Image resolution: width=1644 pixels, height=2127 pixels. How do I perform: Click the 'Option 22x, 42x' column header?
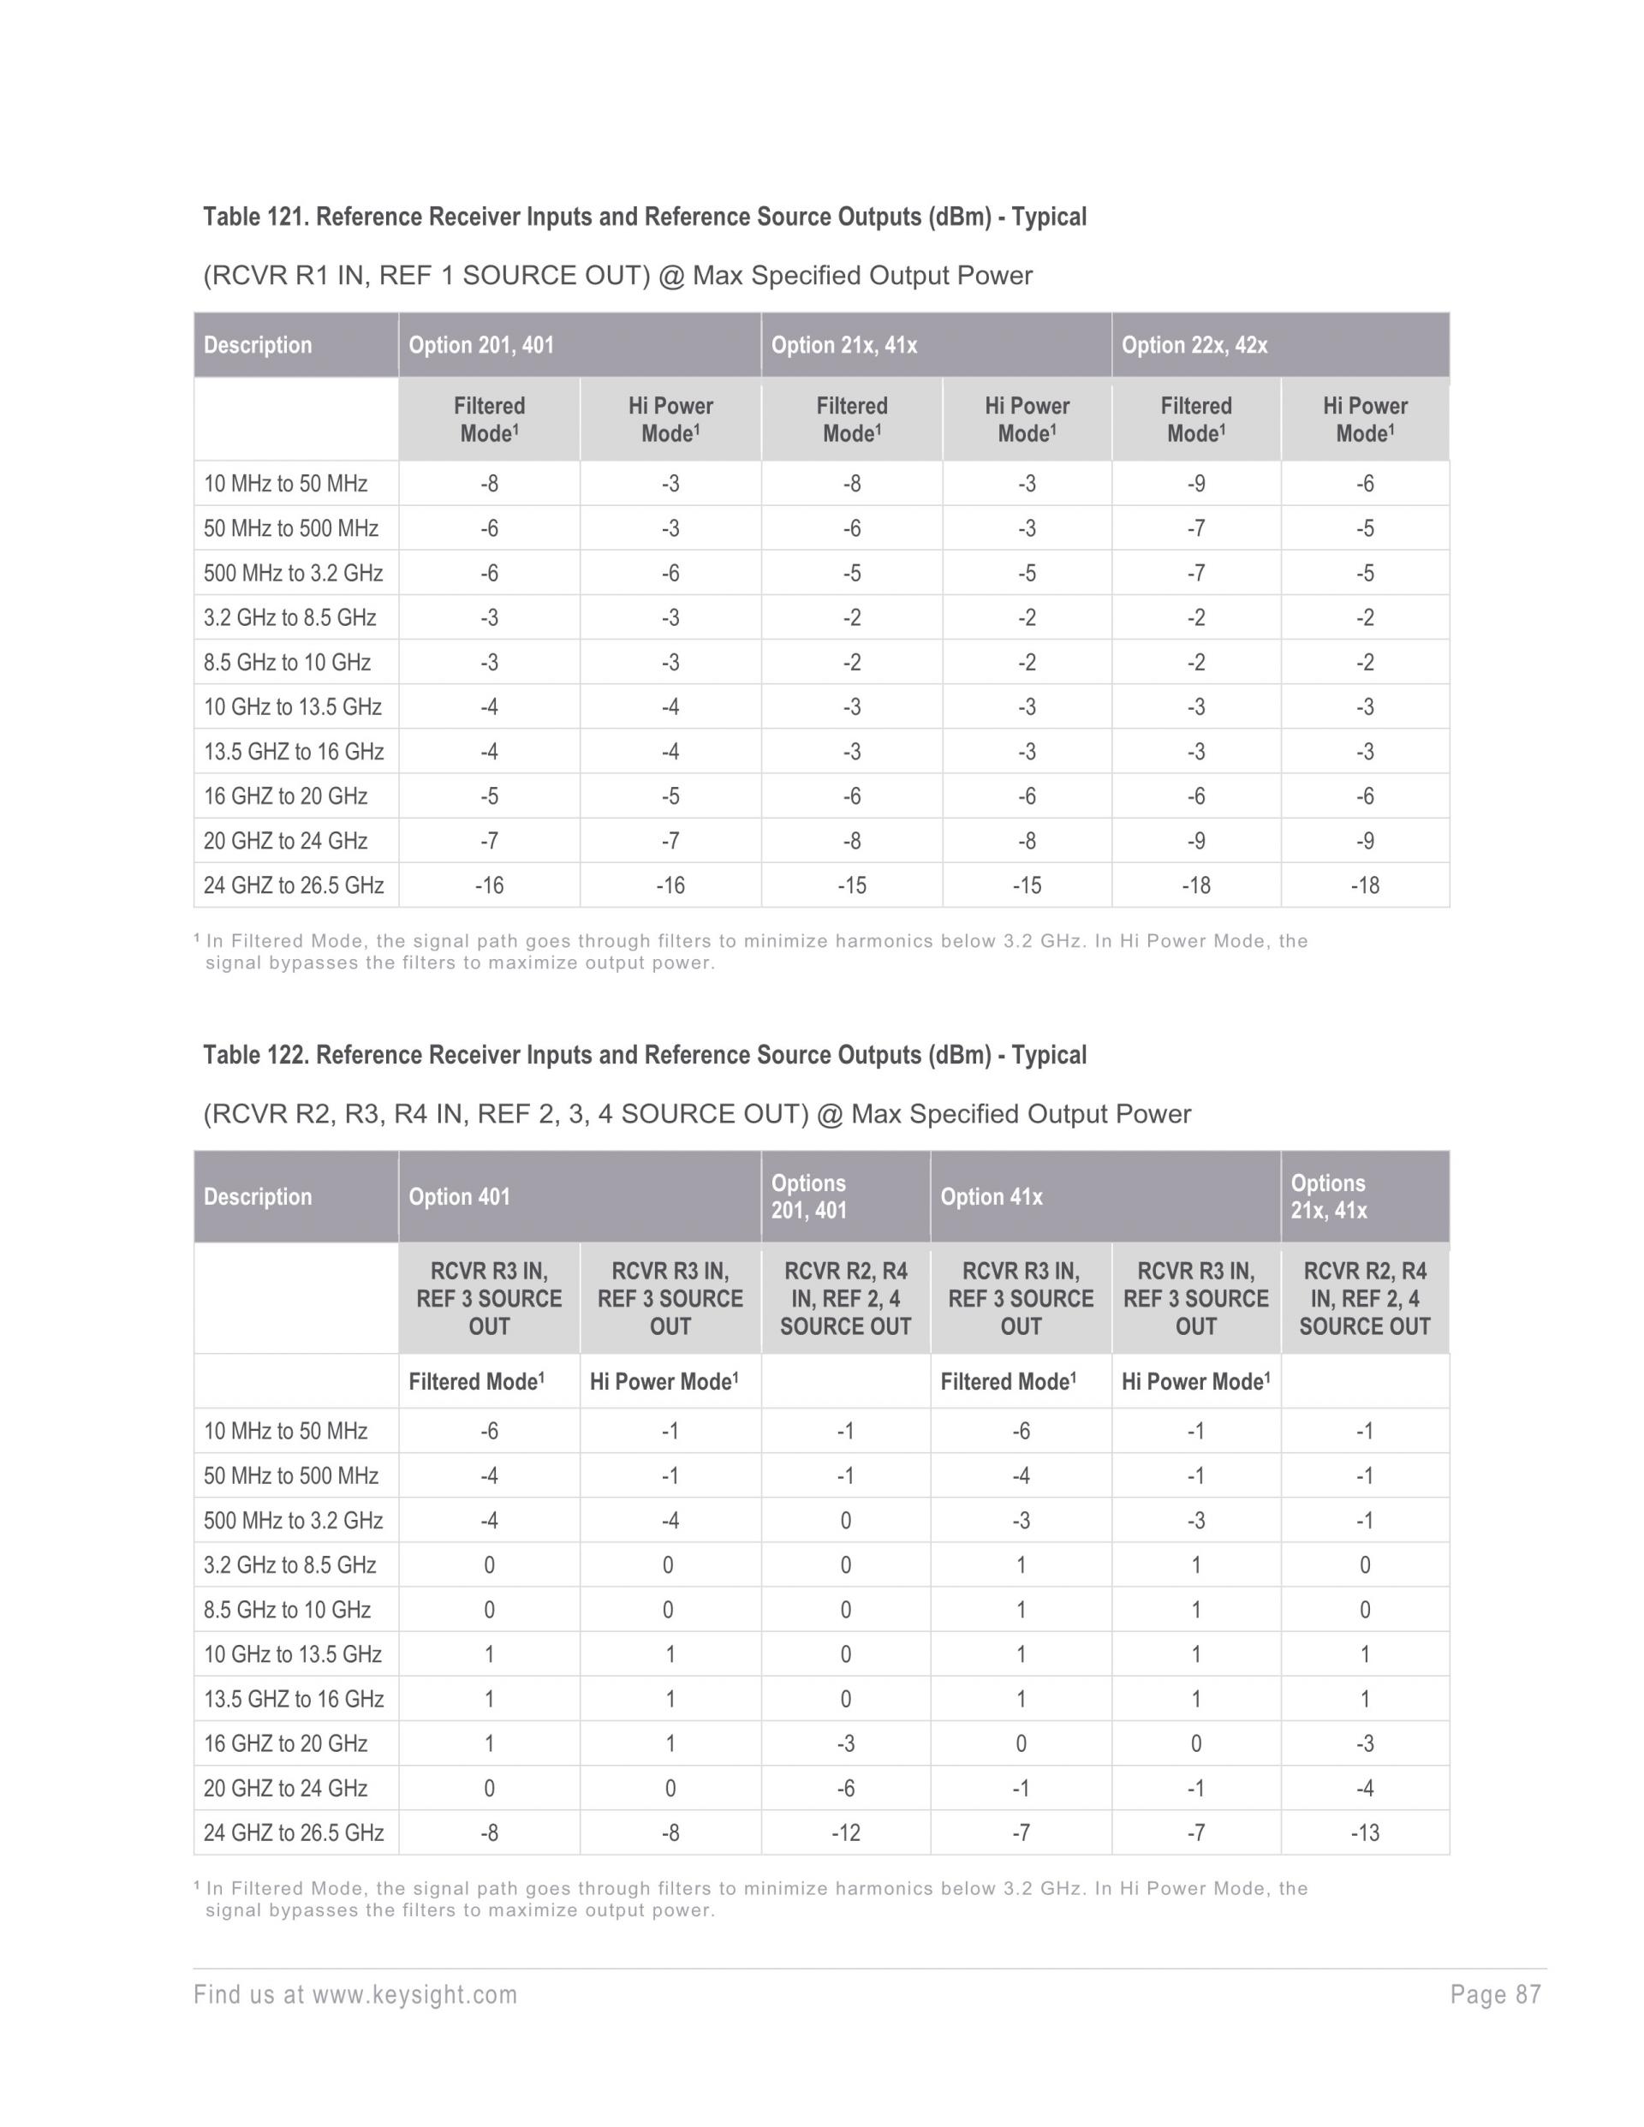click(1194, 345)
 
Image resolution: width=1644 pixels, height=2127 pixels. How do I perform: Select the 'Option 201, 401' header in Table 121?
click(481, 345)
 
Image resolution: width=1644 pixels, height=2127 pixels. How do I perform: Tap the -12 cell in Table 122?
click(845, 1833)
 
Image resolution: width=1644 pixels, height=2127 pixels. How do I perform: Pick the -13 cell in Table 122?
click(1365, 1833)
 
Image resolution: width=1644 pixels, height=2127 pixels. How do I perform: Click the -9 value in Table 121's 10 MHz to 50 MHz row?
click(1196, 484)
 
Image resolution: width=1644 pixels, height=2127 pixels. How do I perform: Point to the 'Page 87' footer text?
click(1495, 1994)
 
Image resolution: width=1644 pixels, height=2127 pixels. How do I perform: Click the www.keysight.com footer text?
click(414, 1994)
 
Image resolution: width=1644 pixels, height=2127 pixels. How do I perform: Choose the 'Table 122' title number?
click(255, 1055)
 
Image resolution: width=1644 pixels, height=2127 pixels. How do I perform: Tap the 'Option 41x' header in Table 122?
click(992, 1197)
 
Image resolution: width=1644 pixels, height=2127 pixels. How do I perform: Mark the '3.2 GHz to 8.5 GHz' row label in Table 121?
click(289, 617)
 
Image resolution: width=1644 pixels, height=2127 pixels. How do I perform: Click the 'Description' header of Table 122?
click(258, 1197)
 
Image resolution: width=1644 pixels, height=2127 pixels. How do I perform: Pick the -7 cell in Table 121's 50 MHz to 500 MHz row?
click(1196, 529)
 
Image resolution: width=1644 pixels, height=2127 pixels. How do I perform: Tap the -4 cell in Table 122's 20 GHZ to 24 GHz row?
click(1365, 1788)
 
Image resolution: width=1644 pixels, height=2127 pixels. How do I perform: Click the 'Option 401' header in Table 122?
click(459, 1197)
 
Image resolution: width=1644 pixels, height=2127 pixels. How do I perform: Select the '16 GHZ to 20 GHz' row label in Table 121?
click(285, 796)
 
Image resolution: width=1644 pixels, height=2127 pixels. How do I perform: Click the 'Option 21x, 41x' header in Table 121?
click(843, 345)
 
